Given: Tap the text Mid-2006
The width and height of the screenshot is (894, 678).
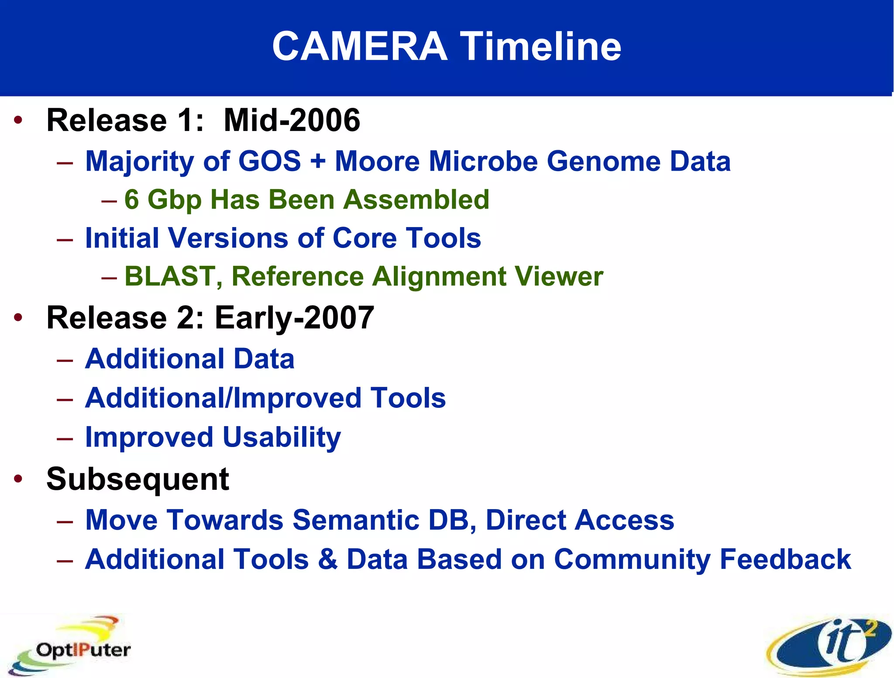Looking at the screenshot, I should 292,120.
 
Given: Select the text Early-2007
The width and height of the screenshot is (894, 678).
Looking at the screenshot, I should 294,317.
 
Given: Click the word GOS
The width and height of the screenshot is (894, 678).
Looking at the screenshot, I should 269,161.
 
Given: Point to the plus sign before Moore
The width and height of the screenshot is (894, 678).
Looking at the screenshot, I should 318,161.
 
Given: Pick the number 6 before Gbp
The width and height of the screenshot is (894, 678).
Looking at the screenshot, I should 131,200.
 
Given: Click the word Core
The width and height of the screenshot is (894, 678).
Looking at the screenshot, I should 364,238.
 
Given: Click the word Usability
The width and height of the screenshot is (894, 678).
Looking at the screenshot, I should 282,437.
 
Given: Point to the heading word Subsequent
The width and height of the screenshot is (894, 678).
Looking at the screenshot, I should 138,479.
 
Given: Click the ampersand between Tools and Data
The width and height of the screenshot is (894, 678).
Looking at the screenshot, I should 328,559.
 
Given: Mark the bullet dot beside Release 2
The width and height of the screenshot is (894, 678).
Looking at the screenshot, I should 18,317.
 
